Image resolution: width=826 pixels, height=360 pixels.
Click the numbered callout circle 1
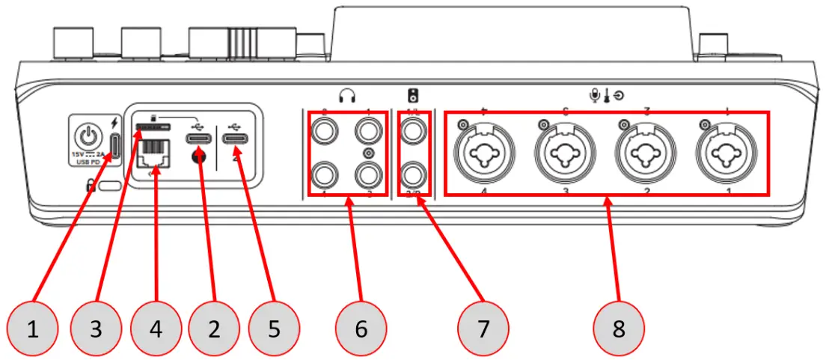(x=34, y=328)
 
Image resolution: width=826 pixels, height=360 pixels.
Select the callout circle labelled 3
(x=95, y=328)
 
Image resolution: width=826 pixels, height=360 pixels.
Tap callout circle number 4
(x=155, y=328)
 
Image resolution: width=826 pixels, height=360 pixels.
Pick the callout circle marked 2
(x=215, y=328)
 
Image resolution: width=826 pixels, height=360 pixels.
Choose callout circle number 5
(x=274, y=328)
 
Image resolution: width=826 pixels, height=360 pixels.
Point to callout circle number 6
(x=361, y=328)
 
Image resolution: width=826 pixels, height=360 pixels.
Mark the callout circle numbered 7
(x=483, y=328)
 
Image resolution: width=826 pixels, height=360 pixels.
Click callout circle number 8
(x=619, y=328)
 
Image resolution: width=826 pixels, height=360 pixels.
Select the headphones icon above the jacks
(x=347, y=96)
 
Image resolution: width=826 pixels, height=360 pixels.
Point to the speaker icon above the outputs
(x=414, y=96)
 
